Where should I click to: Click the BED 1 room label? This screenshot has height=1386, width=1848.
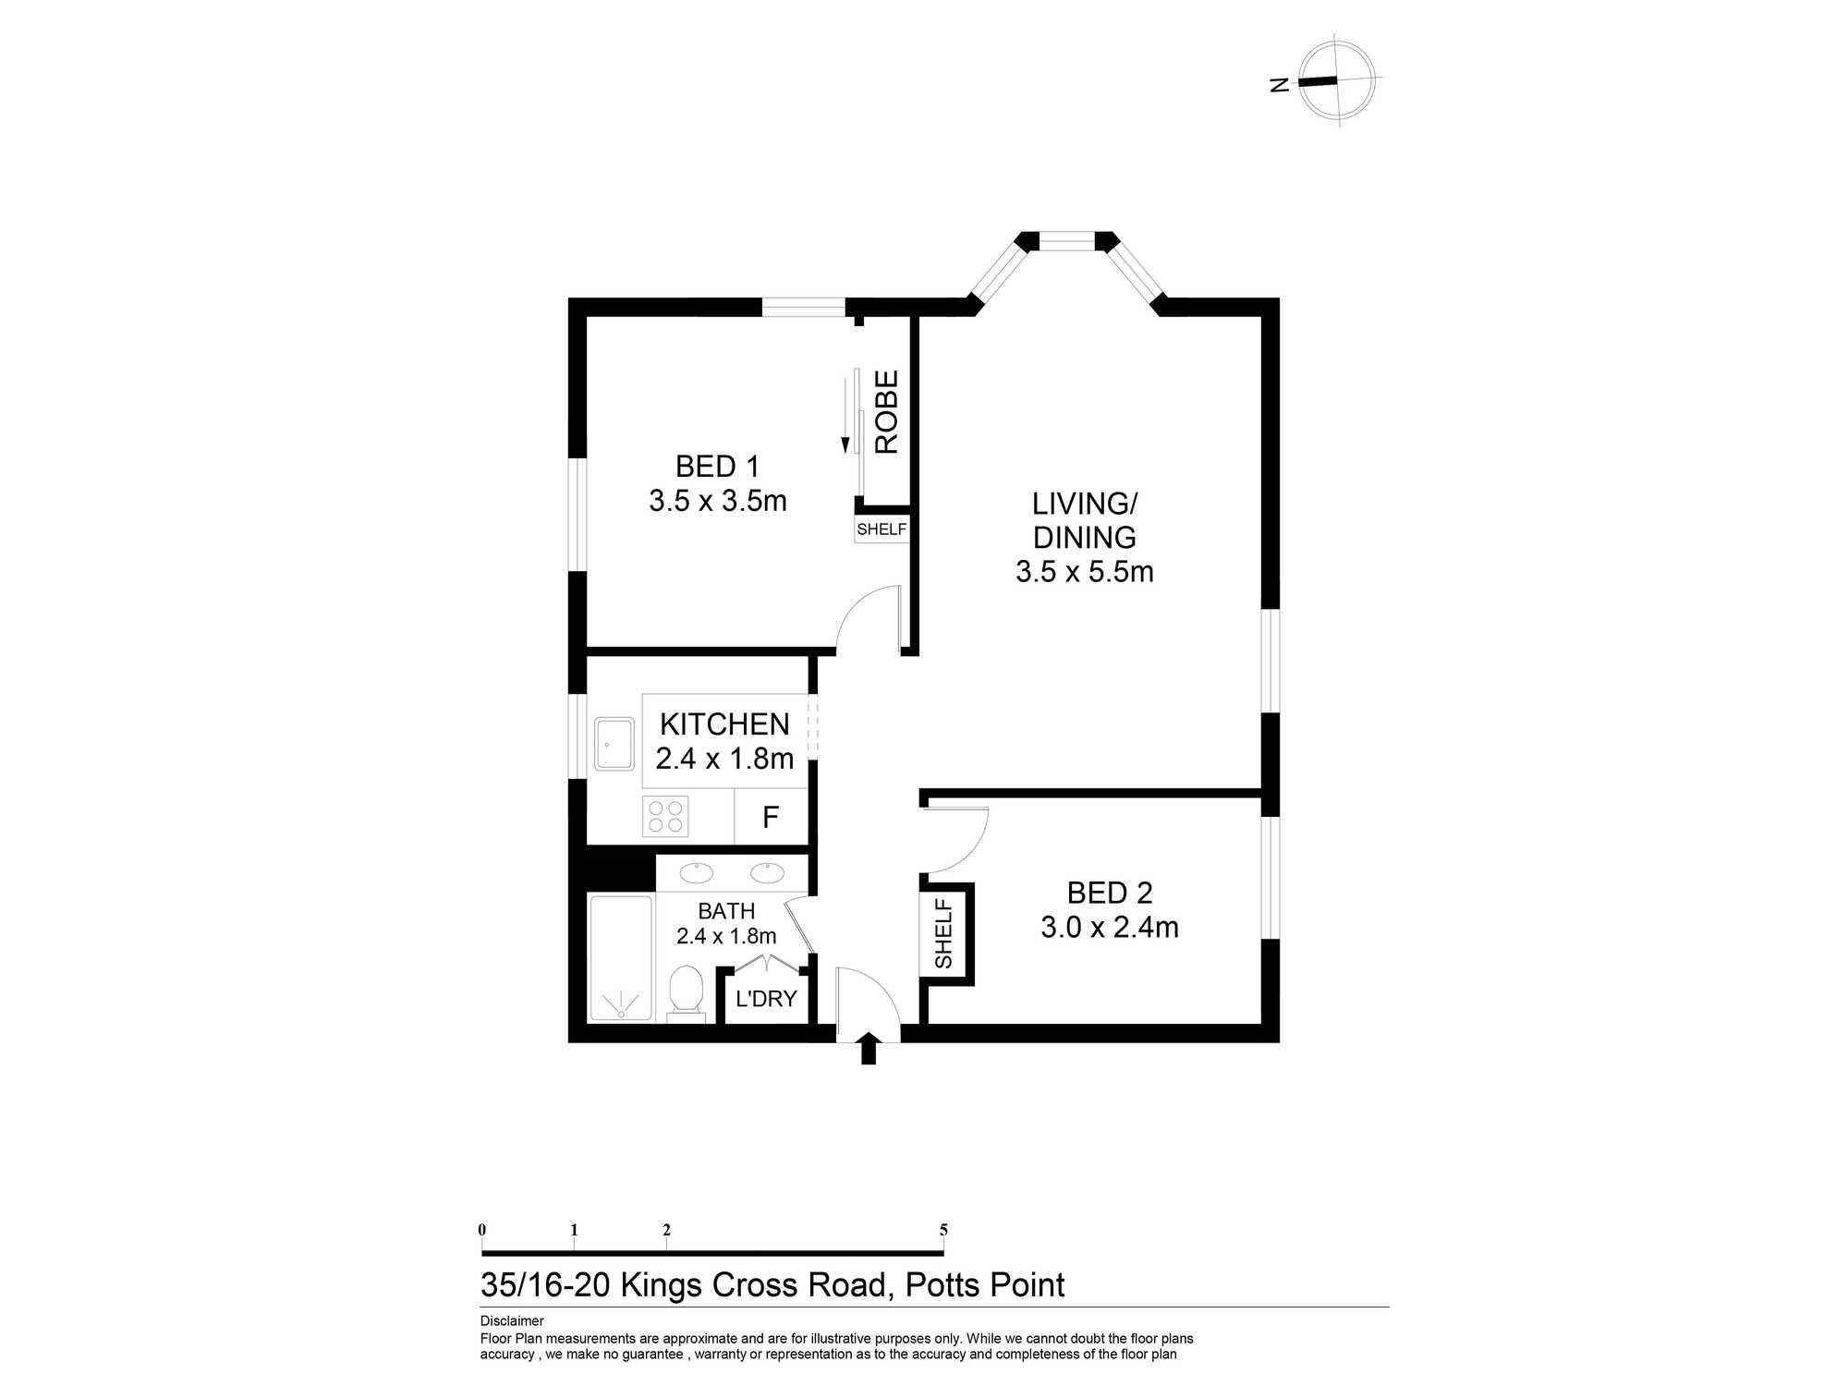pos(717,467)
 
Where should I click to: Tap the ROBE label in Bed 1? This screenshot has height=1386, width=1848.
pos(886,412)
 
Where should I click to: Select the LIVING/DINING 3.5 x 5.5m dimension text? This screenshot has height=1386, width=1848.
pos(1085,572)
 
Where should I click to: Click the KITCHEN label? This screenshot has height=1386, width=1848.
pos(724,724)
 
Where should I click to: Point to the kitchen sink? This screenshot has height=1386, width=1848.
pos(614,744)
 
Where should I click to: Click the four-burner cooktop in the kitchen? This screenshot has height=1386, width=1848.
pos(665,817)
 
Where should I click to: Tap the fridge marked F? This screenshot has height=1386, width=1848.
pos(771,818)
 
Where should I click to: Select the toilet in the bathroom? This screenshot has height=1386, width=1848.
pos(686,991)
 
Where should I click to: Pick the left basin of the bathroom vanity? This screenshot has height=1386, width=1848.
pos(696,872)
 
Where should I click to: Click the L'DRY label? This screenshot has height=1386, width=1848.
pos(766,999)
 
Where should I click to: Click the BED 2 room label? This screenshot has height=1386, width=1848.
pos(1110,893)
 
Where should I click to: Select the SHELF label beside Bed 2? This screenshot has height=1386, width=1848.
pos(943,933)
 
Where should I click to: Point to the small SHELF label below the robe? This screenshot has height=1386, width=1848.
pos(881,529)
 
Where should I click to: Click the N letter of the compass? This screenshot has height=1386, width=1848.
pos(1280,85)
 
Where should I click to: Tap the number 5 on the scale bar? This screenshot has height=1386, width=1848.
pos(943,1230)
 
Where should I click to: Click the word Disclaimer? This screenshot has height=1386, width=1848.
pos(512,1321)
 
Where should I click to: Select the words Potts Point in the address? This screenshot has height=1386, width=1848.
pos(985,1285)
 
